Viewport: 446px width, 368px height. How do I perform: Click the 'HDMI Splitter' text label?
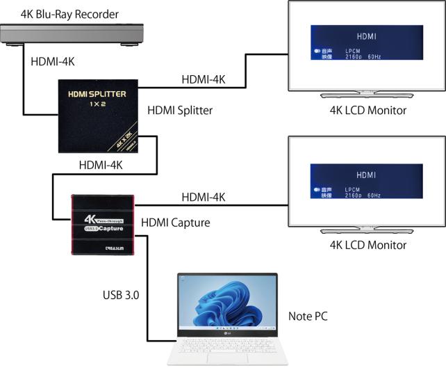click(179, 110)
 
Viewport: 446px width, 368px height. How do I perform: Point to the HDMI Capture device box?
click(101, 224)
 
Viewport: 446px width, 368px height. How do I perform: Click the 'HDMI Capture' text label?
click(175, 223)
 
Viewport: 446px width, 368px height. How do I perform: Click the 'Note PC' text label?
click(307, 317)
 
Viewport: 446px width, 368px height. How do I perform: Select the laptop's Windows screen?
click(227, 304)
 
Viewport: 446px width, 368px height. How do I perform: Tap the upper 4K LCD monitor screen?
click(366, 45)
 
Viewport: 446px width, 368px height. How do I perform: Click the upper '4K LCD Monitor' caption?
click(365, 110)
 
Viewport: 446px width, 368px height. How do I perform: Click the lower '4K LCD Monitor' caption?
click(365, 245)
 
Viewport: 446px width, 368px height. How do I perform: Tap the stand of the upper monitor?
click(365, 95)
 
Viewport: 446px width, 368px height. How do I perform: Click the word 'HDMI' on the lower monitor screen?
click(365, 175)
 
